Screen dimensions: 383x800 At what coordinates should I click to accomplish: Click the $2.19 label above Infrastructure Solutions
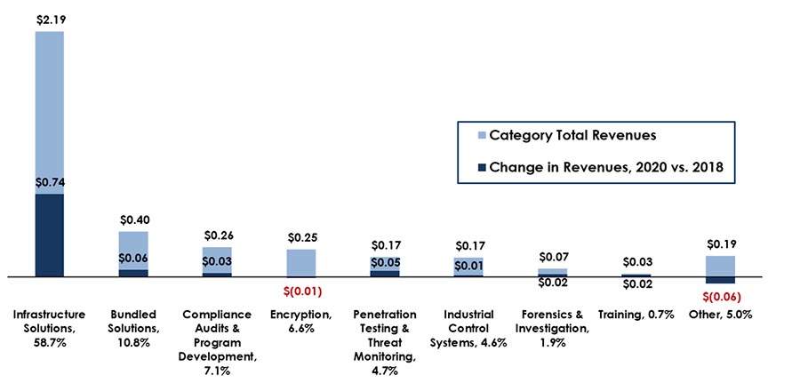[49, 19]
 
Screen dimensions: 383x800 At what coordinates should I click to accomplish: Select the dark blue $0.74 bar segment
[49, 235]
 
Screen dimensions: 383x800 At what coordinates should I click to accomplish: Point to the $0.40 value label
[133, 219]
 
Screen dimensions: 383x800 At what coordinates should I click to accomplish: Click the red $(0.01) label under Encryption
[301, 291]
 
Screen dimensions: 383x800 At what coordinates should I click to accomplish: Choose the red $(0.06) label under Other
[720, 297]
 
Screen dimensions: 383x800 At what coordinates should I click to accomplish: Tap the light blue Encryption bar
[301, 263]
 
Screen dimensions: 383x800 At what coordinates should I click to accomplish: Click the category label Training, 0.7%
[636, 315]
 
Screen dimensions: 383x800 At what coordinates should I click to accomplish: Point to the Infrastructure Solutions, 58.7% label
[49, 322]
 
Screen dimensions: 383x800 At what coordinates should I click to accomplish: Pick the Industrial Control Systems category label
[468, 329]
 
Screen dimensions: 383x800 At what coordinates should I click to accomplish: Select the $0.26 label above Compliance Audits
[218, 235]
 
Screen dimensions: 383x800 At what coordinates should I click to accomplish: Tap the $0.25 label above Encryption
[301, 237]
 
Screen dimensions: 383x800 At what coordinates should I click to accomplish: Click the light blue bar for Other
[720, 266]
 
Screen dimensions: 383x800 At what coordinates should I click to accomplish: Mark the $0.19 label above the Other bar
[720, 243]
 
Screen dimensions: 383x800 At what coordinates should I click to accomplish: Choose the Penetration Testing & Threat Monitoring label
[385, 336]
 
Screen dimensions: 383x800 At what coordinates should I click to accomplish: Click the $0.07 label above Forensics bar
[553, 257]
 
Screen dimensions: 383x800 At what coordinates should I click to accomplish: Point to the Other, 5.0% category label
[720, 315]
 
